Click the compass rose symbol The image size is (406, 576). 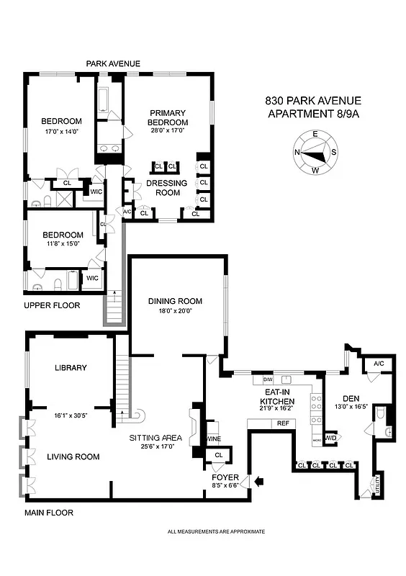(x=314, y=152)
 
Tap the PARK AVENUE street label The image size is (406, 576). (x=113, y=64)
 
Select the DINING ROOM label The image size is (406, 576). (x=175, y=301)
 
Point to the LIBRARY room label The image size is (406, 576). (x=71, y=367)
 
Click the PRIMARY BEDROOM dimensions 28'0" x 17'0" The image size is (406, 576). (x=168, y=131)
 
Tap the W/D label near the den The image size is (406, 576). (x=331, y=437)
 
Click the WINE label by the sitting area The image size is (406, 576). (x=214, y=438)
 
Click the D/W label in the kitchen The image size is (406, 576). (x=268, y=379)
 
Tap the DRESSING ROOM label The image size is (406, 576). (x=167, y=188)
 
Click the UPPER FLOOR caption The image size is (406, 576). (x=51, y=305)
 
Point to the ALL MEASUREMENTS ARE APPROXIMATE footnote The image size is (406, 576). (x=216, y=531)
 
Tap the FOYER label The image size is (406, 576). (x=225, y=477)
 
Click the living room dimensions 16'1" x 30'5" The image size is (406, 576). (x=70, y=415)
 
